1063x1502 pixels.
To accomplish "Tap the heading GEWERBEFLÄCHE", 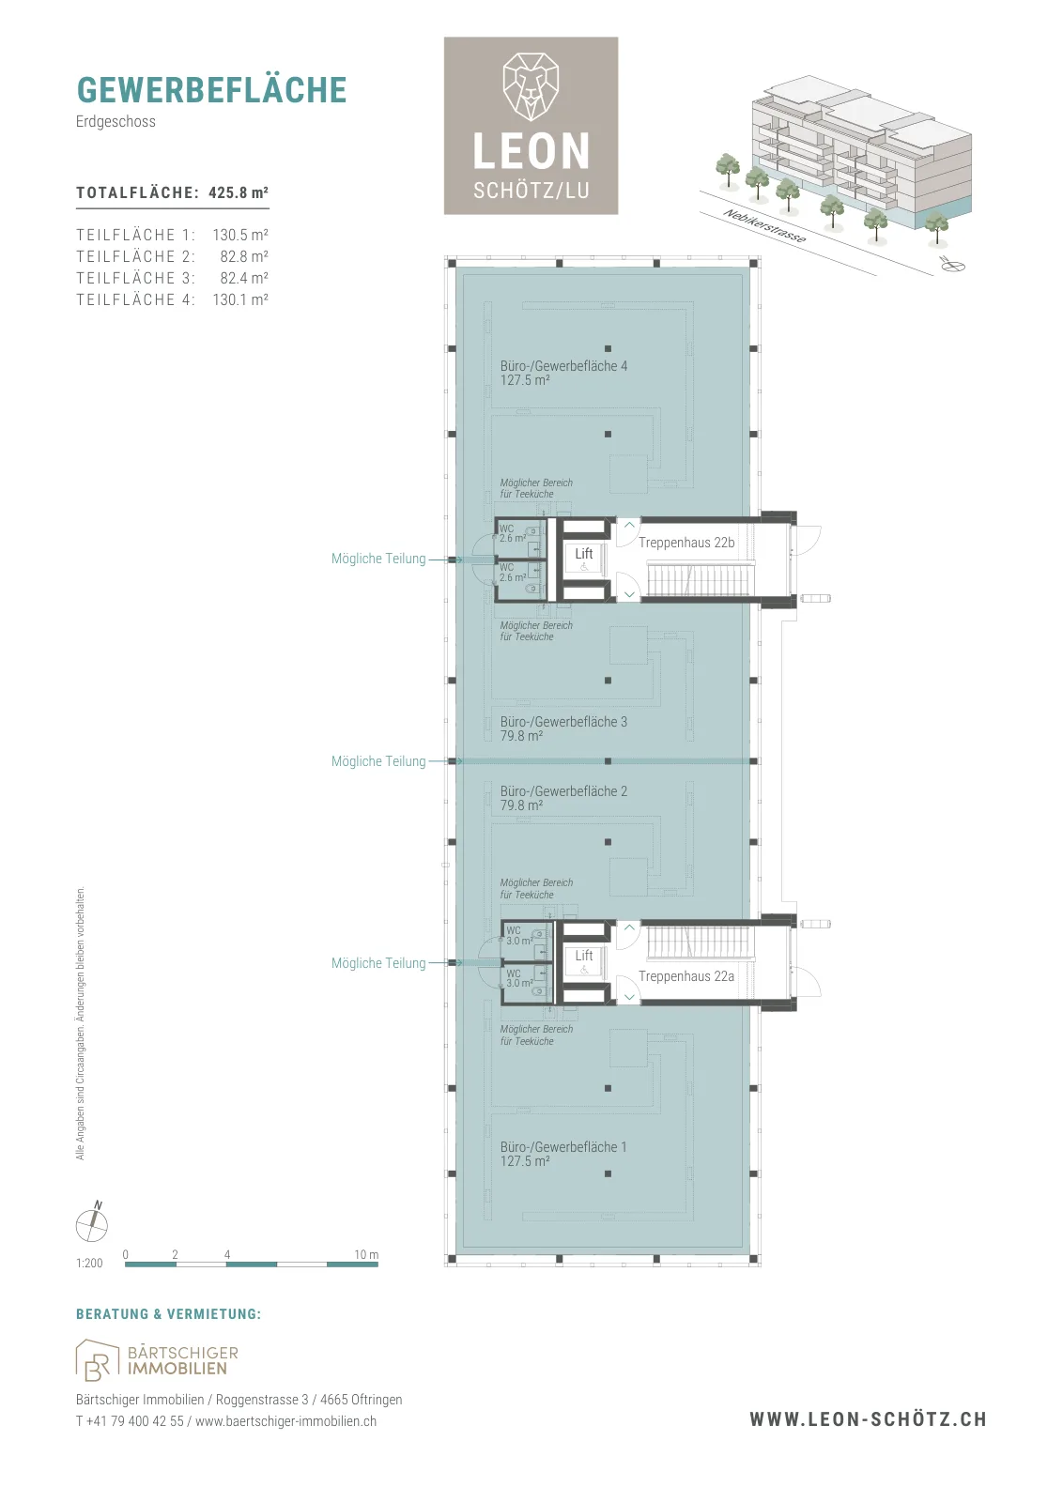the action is point(212,90).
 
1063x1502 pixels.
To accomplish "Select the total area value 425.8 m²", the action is point(239,192).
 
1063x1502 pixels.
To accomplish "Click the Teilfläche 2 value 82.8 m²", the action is point(244,256).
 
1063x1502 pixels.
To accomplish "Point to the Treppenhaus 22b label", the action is point(686,543).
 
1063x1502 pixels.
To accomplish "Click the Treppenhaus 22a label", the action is point(686,976).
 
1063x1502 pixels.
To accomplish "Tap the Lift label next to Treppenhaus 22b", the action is point(583,553).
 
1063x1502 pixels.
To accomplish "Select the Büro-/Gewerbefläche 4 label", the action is point(563,366).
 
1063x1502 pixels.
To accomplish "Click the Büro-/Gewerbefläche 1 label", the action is point(563,1147).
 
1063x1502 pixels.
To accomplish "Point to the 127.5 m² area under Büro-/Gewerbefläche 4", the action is point(525,380).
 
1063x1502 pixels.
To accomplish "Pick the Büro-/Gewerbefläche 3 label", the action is point(563,722).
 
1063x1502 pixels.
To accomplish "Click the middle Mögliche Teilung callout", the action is point(378,761).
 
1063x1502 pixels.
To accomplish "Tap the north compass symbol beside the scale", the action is point(92,1224).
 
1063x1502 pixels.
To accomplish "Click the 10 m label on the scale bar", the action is point(366,1254).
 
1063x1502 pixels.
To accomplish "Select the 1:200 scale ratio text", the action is point(89,1264).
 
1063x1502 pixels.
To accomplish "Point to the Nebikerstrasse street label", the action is point(764,226).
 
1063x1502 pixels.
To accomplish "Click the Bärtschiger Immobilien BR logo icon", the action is point(97,1360).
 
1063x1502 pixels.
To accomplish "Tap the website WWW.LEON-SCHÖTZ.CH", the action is point(868,1419).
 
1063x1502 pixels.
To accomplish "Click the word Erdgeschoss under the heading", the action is point(116,121).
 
